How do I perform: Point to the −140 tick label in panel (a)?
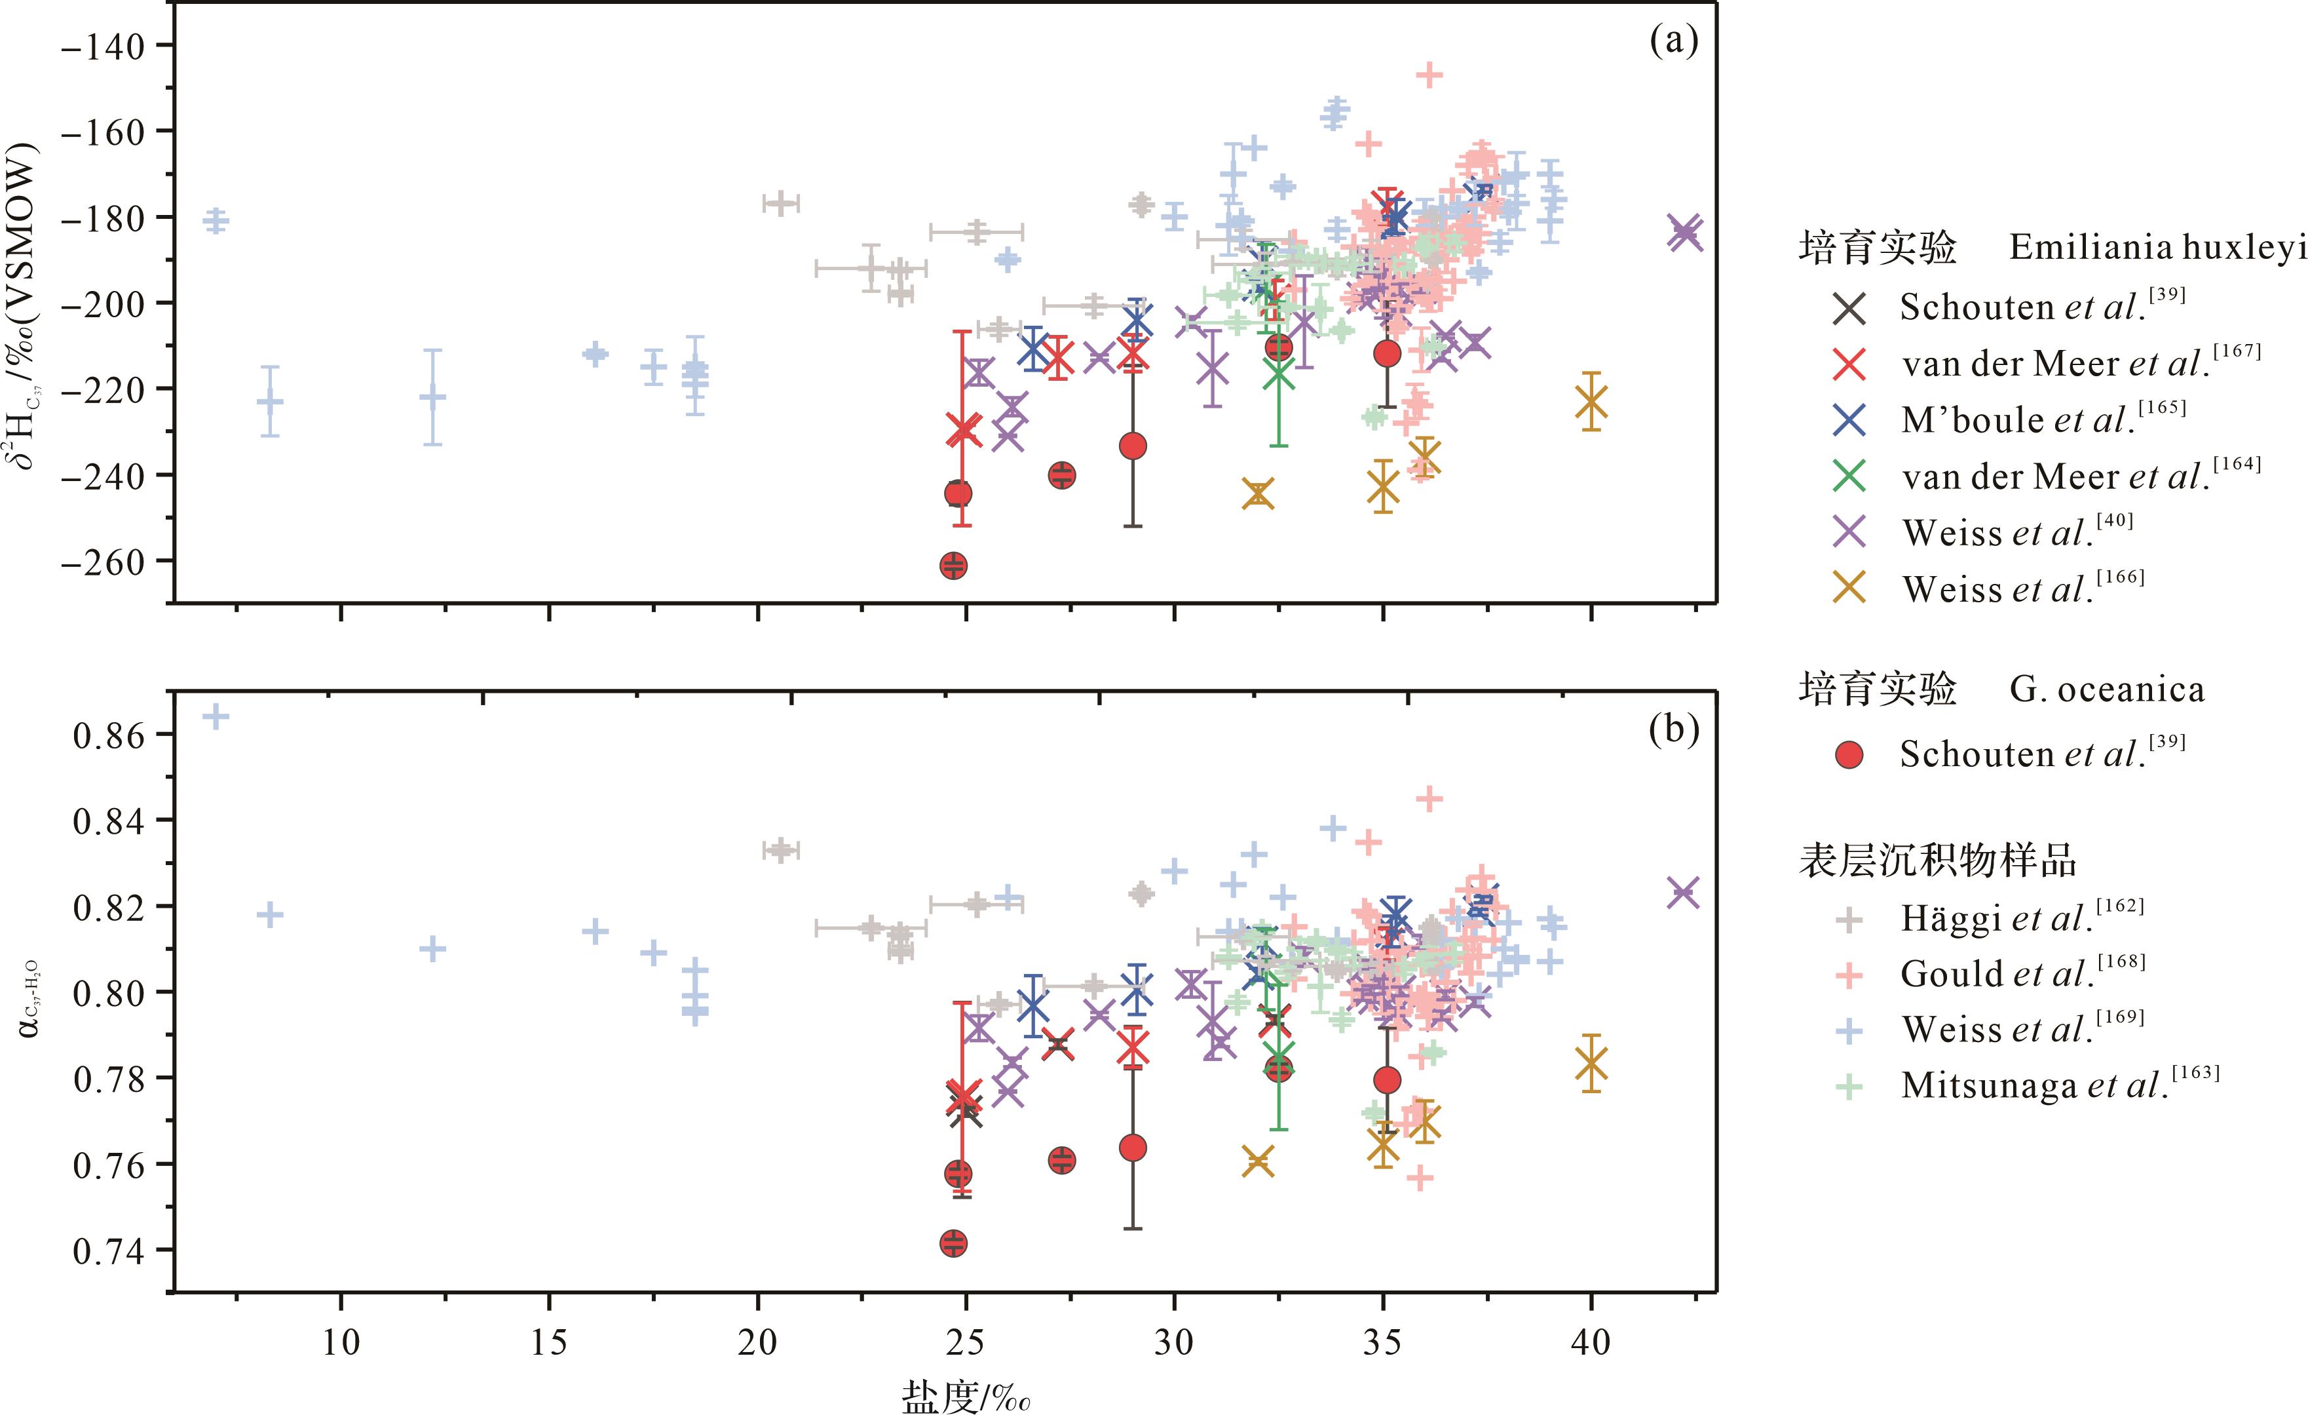(x=103, y=46)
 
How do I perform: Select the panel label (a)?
(x=1673, y=41)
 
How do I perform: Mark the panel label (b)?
(x=1673, y=729)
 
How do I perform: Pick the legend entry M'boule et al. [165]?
(x=2042, y=420)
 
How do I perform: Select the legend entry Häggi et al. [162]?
(x=2021, y=918)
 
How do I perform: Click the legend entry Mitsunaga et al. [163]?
(x=2059, y=1085)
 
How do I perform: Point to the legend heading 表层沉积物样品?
(x=1938, y=859)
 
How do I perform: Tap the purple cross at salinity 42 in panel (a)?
(x=1684, y=231)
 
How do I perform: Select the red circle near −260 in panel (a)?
(x=954, y=565)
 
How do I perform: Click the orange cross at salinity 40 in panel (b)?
(x=1591, y=1064)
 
